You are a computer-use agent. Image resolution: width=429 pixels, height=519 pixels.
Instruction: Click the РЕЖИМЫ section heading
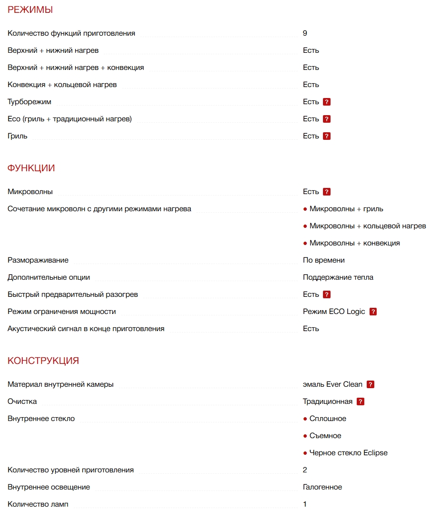(30, 10)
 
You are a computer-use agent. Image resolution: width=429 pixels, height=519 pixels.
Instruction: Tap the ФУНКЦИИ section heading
(31, 168)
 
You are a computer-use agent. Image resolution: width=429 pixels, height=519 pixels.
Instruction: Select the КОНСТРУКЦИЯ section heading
(43, 361)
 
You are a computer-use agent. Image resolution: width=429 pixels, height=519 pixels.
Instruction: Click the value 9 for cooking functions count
(305, 33)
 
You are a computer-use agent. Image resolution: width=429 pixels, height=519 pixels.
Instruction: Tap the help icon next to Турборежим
(326, 102)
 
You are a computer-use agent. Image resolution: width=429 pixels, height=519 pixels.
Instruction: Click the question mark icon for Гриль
(326, 136)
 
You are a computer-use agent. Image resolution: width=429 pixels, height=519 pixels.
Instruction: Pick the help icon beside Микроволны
(326, 192)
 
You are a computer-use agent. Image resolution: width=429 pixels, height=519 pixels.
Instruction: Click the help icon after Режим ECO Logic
(373, 312)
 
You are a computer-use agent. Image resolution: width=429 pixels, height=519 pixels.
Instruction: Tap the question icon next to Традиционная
(360, 401)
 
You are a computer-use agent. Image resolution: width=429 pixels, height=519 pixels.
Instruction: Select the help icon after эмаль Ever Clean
(370, 384)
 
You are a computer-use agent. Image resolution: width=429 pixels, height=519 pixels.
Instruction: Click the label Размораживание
(38, 260)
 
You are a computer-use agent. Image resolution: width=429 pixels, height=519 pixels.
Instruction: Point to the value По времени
(323, 260)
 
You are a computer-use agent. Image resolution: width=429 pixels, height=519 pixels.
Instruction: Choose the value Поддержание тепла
(338, 277)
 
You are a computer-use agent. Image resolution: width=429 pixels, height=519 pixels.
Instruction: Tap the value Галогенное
(322, 487)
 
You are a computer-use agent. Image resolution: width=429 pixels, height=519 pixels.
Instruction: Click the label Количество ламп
(38, 504)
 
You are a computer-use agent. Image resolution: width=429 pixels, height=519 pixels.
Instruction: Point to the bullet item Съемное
(325, 436)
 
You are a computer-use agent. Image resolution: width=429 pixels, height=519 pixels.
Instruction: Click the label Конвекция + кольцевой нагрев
(62, 85)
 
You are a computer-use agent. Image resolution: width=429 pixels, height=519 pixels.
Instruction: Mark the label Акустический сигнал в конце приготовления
(86, 329)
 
